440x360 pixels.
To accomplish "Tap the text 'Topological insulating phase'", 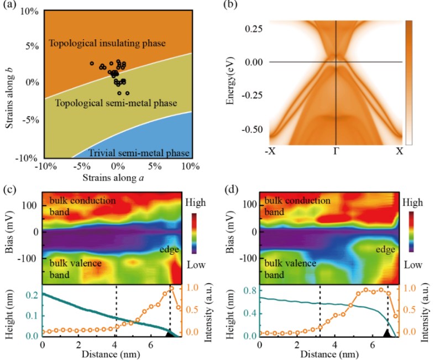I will pos(107,43).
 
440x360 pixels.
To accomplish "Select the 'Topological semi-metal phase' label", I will pos(104,103).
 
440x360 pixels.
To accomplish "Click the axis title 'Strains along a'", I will pos(117,177).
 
